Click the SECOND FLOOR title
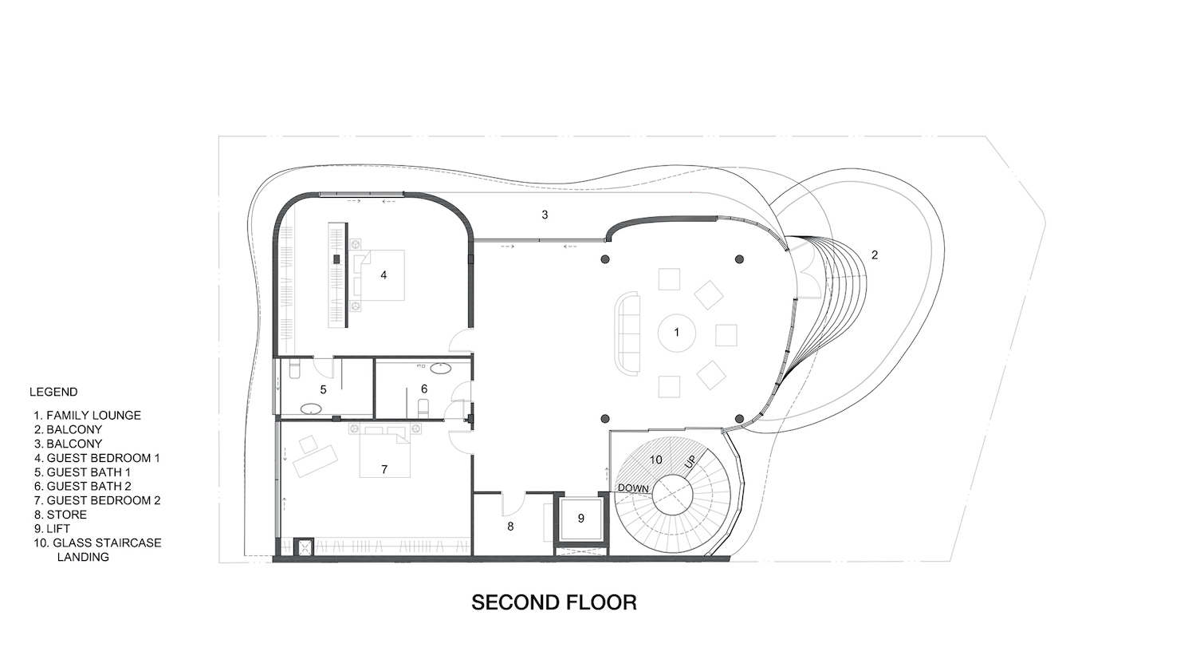tap(553, 602)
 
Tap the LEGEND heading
tap(53, 392)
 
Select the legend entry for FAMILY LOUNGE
tap(87, 415)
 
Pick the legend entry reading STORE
tap(61, 515)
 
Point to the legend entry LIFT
tap(52, 529)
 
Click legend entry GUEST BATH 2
tap(82, 486)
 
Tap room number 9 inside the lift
tap(581, 519)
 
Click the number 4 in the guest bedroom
tap(384, 275)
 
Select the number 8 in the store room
tap(510, 527)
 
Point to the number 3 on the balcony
tap(545, 215)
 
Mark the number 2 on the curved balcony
tap(875, 255)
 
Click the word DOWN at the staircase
tap(633, 488)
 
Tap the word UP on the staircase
tap(690, 463)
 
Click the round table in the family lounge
tap(676, 333)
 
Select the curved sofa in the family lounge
tap(628, 334)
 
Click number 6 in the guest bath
tap(424, 389)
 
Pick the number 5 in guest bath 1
tap(323, 390)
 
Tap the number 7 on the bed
tap(384, 470)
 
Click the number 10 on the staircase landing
tap(655, 460)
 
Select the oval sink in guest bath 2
tap(440, 368)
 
